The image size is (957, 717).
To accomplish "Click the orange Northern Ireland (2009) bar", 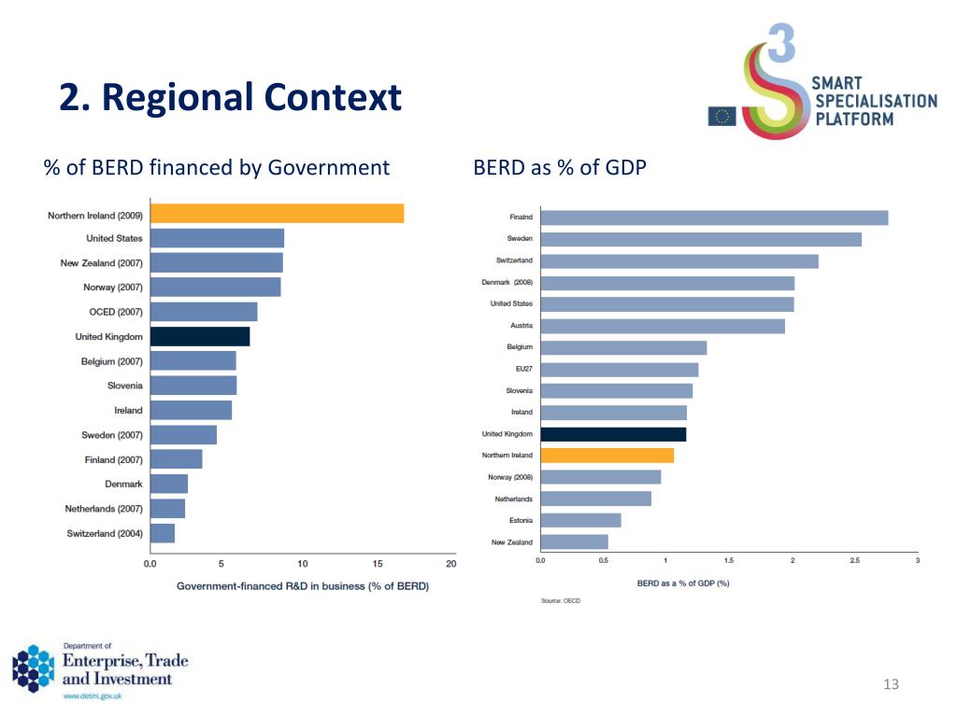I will [x=277, y=214].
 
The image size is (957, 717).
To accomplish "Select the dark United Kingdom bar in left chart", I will [x=200, y=337].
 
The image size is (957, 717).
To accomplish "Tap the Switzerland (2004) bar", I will [x=163, y=533].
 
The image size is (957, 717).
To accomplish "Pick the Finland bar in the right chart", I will [x=714, y=218].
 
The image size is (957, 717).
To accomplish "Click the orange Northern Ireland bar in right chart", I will [x=607, y=456].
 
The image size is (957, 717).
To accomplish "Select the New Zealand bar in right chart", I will [x=574, y=541].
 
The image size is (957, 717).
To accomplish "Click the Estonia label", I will [x=520, y=520].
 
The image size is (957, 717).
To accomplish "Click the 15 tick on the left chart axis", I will [x=378, y=564].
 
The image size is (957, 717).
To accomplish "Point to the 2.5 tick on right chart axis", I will [x=854, y=560].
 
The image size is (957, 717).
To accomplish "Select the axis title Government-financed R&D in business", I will [x=303, y=586].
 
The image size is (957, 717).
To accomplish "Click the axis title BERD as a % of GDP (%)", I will [x=682, y=583].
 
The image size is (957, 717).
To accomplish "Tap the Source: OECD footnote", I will [x=560, y=600].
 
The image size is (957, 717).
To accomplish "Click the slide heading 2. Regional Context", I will [x=230, y=97].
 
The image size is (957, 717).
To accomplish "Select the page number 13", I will [x=890, y=685].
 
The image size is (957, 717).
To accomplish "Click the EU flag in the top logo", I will [x=721, y=117].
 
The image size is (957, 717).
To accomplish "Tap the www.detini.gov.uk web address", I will [x=92, y=696].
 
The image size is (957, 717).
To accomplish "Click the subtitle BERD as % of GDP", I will [x=560, y=168].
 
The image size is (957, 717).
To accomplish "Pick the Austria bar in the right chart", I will [x=663, y=326].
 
